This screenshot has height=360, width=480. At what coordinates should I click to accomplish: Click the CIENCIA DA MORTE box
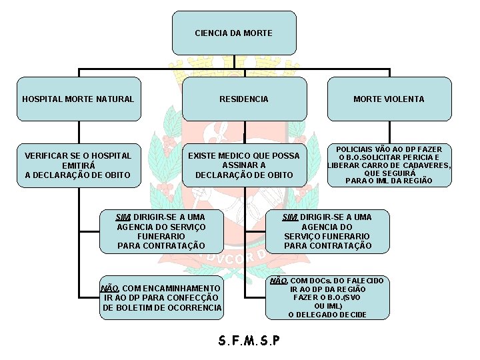(234, 33)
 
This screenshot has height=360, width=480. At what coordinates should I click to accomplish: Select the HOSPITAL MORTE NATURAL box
(79, 99)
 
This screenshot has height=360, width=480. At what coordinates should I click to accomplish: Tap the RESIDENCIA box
(244, 99)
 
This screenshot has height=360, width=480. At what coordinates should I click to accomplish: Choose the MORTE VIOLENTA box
(389, 99)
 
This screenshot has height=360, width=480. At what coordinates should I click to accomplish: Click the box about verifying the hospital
(79, 165)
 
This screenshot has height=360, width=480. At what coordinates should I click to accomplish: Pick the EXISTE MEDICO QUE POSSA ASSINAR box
(244, 165)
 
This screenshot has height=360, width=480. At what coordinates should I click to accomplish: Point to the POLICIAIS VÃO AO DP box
(389, 165)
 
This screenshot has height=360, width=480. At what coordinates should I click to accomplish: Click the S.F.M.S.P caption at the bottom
(249, 341)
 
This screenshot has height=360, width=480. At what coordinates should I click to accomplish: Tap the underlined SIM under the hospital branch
(123, 217)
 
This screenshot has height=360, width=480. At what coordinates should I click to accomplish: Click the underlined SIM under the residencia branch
(290, 217)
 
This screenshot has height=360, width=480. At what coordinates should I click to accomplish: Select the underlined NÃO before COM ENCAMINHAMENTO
(109, 289)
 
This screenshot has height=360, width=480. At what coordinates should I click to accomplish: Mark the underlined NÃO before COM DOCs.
(279, 281)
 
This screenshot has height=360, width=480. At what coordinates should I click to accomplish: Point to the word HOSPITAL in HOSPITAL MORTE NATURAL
(42, 99)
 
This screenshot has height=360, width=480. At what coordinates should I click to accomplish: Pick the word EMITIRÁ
(79, 165)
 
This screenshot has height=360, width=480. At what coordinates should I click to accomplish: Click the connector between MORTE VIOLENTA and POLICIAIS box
(389, 132)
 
